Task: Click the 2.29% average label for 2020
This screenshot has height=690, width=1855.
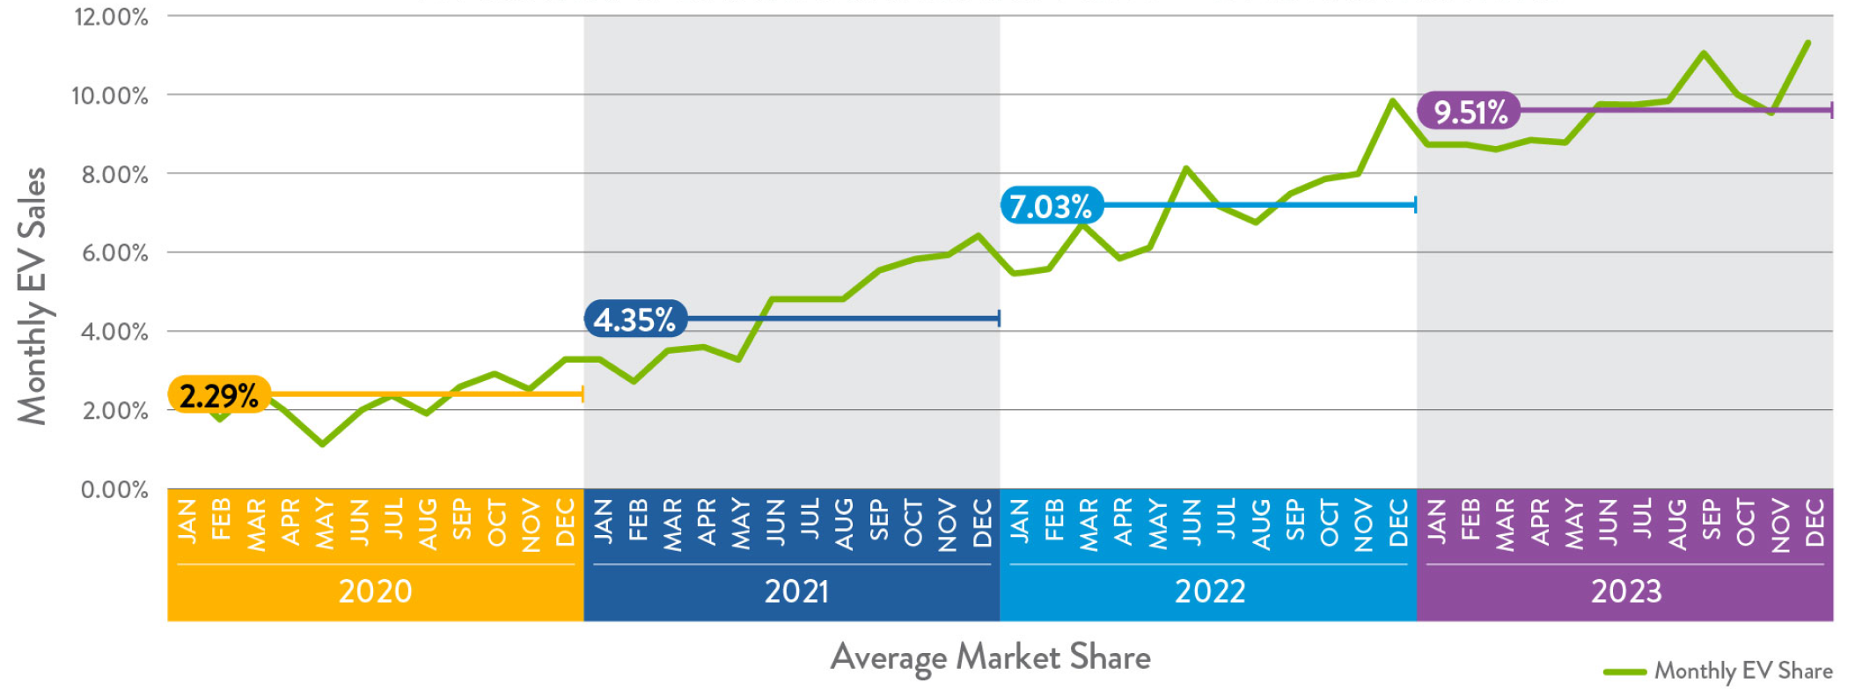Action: [218, 395]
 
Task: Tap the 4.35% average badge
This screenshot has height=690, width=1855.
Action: [634, 319]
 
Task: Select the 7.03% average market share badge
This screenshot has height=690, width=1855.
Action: [1051, 206]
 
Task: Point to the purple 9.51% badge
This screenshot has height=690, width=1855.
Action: [1469, 112]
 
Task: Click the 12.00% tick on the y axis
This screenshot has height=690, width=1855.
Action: [111, 17]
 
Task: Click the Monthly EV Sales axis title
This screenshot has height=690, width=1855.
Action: [33, 296]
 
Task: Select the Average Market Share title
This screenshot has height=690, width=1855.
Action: [990, 657]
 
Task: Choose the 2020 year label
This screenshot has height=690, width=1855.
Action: [375, 591]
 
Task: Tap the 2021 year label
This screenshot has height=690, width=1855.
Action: [796, 591]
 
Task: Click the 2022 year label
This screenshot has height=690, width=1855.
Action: [1210, 591]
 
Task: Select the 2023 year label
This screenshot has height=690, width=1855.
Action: [1626, 591]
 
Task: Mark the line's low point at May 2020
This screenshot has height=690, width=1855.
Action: [323, 444]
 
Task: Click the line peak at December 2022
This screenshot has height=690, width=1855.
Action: [1393, 100]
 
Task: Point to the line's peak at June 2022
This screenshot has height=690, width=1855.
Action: [1186, 167]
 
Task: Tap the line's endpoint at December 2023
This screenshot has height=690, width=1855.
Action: [1808, 41]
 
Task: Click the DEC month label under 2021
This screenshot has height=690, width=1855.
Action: [982, 523]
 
